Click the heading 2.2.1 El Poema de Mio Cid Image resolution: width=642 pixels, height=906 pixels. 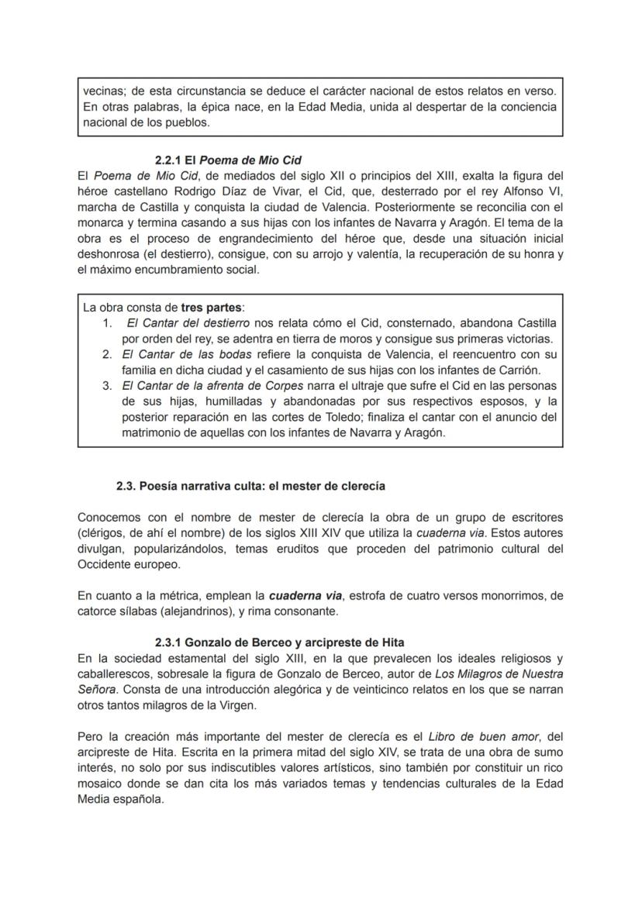tap(227, 160)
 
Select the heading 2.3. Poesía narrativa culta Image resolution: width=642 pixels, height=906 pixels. tap(250, 486)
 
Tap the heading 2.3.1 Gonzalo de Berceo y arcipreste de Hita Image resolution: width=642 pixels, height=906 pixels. tap(279, 642)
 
